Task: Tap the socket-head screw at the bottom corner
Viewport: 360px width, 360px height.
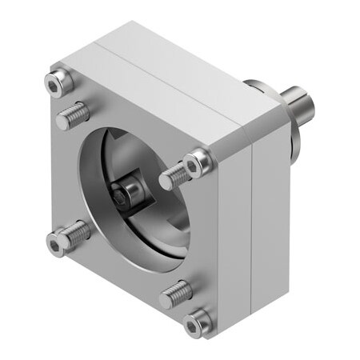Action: click(195, 323)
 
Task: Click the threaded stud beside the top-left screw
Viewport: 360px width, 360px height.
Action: click(73, 117)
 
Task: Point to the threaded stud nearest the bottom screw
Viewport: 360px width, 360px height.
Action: click(176, 294)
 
